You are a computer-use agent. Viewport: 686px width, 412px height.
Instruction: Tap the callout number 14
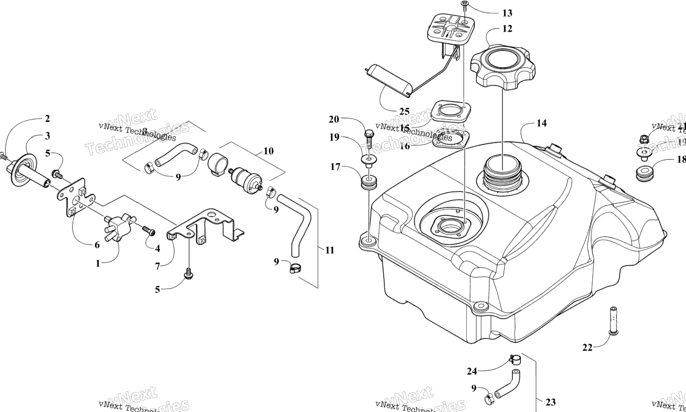[541, 123]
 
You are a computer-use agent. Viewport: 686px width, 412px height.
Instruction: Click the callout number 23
[550, 402]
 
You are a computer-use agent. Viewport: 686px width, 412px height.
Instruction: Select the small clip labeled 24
[515, 359]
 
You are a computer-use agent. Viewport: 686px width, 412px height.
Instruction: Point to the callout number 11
[329, 250]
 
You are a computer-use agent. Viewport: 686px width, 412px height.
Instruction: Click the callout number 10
[268, 151]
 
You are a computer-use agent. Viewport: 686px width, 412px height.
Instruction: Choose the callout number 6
[97, 245]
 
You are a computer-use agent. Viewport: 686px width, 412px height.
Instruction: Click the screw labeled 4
[149, 231]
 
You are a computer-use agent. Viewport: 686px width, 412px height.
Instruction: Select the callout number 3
[47, 136]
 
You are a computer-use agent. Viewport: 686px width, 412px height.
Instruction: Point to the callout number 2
[47, 119]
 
